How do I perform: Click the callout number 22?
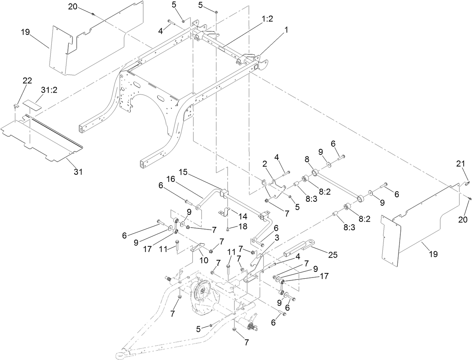point(27,81)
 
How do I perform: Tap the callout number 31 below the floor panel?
point(78,172)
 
